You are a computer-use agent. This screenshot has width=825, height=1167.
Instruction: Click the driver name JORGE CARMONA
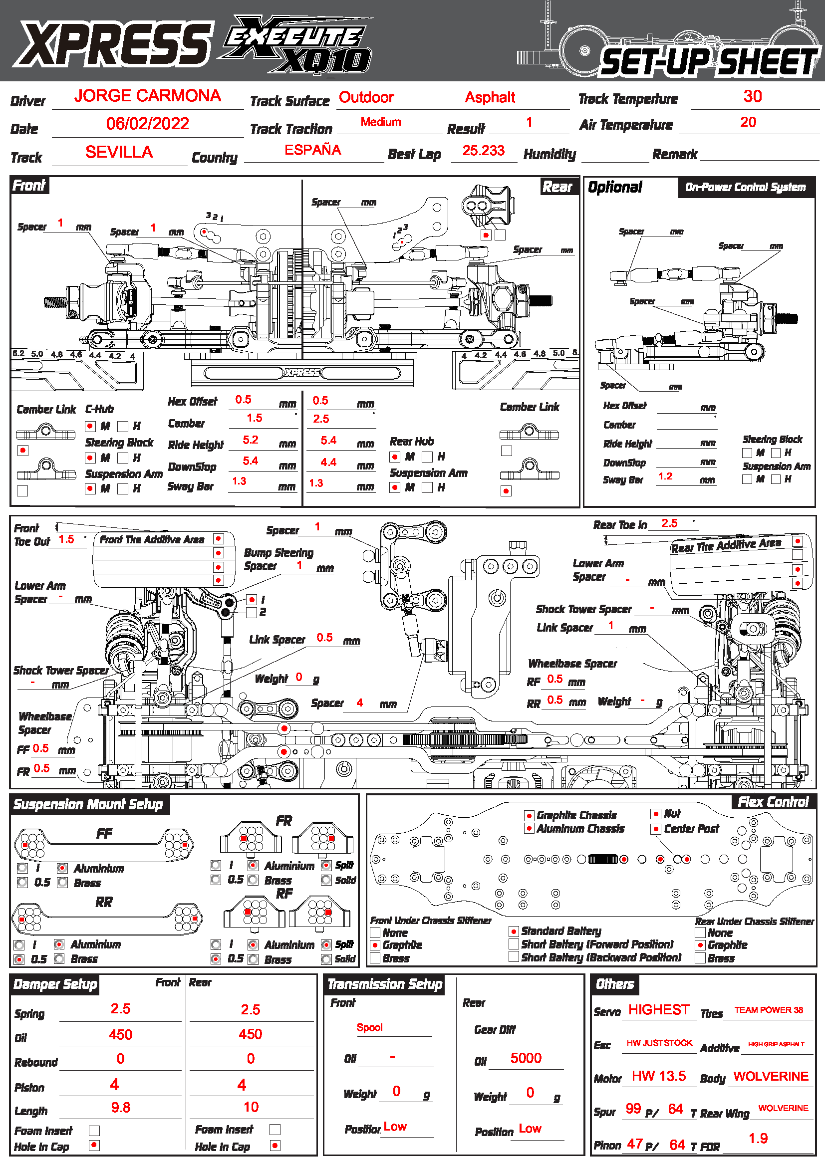coord(147,96)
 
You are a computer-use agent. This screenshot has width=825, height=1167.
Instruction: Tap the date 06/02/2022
coord(147,124)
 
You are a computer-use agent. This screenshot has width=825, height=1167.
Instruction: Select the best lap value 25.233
coord(483,151)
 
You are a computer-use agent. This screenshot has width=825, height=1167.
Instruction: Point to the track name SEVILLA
coord(119,152)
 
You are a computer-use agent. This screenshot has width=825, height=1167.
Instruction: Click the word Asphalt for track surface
coord(490,97)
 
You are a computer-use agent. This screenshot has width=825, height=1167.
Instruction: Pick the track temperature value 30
coord(752,96)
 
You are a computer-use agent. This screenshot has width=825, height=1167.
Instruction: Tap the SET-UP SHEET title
coord(709,62)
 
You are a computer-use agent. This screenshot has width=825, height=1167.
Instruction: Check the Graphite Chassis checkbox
coord(529,815)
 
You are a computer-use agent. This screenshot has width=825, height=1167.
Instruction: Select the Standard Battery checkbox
coord(514,931)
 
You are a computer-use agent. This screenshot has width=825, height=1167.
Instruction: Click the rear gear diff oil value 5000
coord(526,1058)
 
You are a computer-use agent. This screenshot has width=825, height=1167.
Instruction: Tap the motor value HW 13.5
coord(659,1076)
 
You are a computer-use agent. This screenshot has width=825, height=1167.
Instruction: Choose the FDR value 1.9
coord(758,1138)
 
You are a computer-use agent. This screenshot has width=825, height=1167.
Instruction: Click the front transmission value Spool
coord(369,1027)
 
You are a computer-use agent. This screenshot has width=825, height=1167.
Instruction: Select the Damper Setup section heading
coord(55,984)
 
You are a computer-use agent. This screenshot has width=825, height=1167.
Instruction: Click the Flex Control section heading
coord(773,802)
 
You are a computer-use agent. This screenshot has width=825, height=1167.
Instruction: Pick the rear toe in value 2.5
coord(669,523)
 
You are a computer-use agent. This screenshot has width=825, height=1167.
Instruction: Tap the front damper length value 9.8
coord(120,1107)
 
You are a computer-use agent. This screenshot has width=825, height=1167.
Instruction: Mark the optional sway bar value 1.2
coord(665,476)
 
